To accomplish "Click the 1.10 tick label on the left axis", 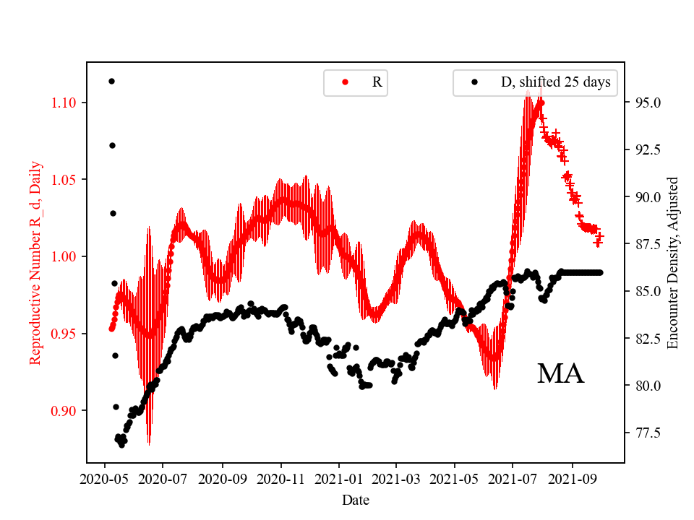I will point(64,103).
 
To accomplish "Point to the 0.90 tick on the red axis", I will point(64,410).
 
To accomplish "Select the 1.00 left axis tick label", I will point(64,256).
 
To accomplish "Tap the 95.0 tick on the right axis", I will point(644,103).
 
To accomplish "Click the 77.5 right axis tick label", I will point(644,433).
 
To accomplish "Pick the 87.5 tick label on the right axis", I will point(644,244).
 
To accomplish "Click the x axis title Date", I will point(356,500).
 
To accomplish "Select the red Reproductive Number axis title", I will point(35,262).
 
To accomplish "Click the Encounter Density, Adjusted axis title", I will point(673,262).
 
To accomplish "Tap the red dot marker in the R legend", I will point(345,82).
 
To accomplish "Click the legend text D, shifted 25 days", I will point(555,82).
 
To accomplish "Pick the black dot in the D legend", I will point(474,82).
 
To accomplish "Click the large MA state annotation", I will point(560,373).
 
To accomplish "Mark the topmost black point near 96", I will point(111,81).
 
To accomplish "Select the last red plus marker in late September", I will point(599,235).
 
